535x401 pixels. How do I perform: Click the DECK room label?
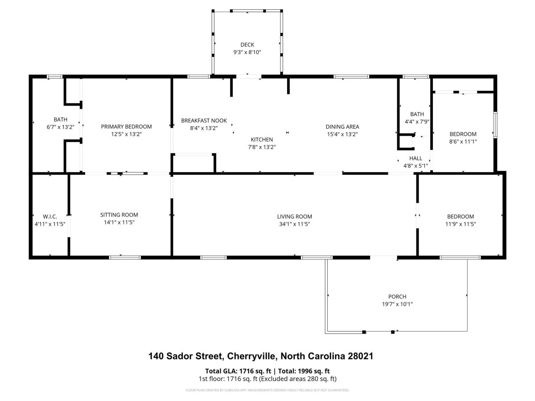pyautogui.click(x=247, y=45)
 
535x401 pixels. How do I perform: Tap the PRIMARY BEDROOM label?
pyautogui.click(x=126, y=127)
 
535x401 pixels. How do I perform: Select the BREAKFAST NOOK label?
pyautogui.click(x=204, y=120)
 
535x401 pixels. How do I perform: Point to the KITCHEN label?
pyautogui.click(x=262, y=139)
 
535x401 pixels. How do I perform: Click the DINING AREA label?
pyautogui.click(x=342, y=127)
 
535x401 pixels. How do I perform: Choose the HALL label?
pyautogui.click(x=416, y=158)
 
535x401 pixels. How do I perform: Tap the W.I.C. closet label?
pyautogui.click(x=50, y=217)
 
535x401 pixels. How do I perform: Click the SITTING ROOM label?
pyautogui.click(x=119, y=215)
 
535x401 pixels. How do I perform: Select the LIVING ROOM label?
pyautogui.click(x=294, y=217)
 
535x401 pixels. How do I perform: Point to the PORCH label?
pyautogui.click(x=397, y=297)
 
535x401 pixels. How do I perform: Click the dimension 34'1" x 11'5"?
pyautogui.click(x=294, y=224)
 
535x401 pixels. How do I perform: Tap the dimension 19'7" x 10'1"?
pyautogui.click(x=397, y=304)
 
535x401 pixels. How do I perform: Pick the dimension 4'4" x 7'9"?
pyautogui.click(x=417, y=122)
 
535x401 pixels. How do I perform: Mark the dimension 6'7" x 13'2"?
pyautogui.click(x=61, y=127)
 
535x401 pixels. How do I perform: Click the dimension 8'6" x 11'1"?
pyautogui.click(x=463, y=141)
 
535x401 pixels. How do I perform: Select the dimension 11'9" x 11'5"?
pyautogui.click(x=461, y=224)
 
